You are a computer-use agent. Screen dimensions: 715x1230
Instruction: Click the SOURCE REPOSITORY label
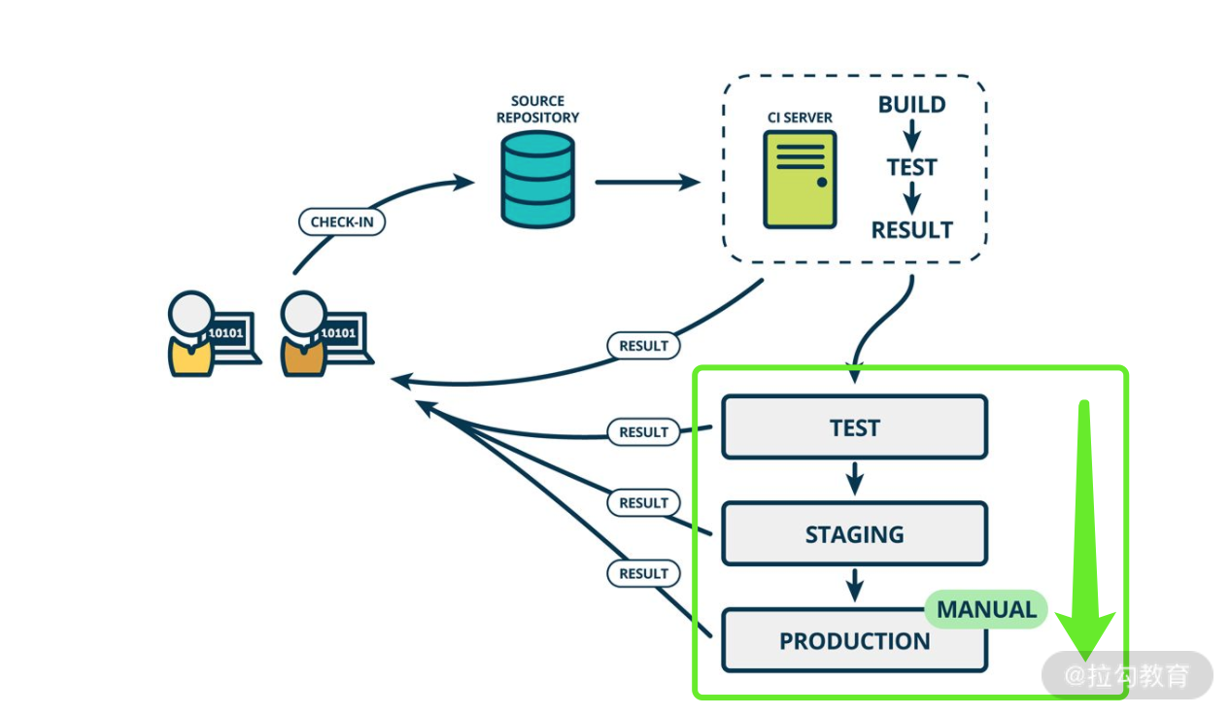(537, 109)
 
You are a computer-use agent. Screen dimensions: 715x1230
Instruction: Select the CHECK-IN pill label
(342, 221)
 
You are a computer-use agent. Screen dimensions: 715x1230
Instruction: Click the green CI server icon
(800, 180)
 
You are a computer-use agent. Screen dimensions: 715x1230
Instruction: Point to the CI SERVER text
(800, 118)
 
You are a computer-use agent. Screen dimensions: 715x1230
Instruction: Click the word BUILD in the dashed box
(911, 105)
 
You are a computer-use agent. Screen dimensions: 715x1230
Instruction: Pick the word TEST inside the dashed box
(911, 167)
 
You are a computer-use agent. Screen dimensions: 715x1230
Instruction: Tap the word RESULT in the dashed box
(911, 230)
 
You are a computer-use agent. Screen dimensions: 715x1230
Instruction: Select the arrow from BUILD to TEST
(911, 135)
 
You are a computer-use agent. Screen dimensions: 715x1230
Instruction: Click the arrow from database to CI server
(647, 182)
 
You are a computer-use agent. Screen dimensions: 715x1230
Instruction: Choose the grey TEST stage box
(854, 427)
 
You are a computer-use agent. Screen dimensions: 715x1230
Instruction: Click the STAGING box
(854, 534)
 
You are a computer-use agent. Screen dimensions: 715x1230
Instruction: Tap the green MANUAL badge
(985, 610)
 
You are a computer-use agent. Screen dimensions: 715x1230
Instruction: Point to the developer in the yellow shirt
(191, 333)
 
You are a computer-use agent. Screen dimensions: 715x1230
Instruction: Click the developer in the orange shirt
(304, 333)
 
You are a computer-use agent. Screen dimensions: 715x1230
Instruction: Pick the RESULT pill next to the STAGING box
(643, 503)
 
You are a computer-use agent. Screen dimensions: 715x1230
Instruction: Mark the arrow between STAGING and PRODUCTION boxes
(854, 585)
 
